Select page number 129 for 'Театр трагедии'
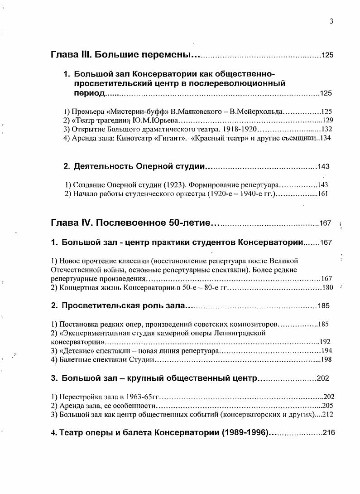[x=327, y=121]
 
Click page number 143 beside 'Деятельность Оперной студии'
[x=323, y=166]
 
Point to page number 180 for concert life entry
[x=327, y=287]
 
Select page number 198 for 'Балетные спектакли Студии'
[x=326, y=360]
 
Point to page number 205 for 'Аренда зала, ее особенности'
[x=327, y=405]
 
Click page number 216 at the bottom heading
[x=329, y=432]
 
